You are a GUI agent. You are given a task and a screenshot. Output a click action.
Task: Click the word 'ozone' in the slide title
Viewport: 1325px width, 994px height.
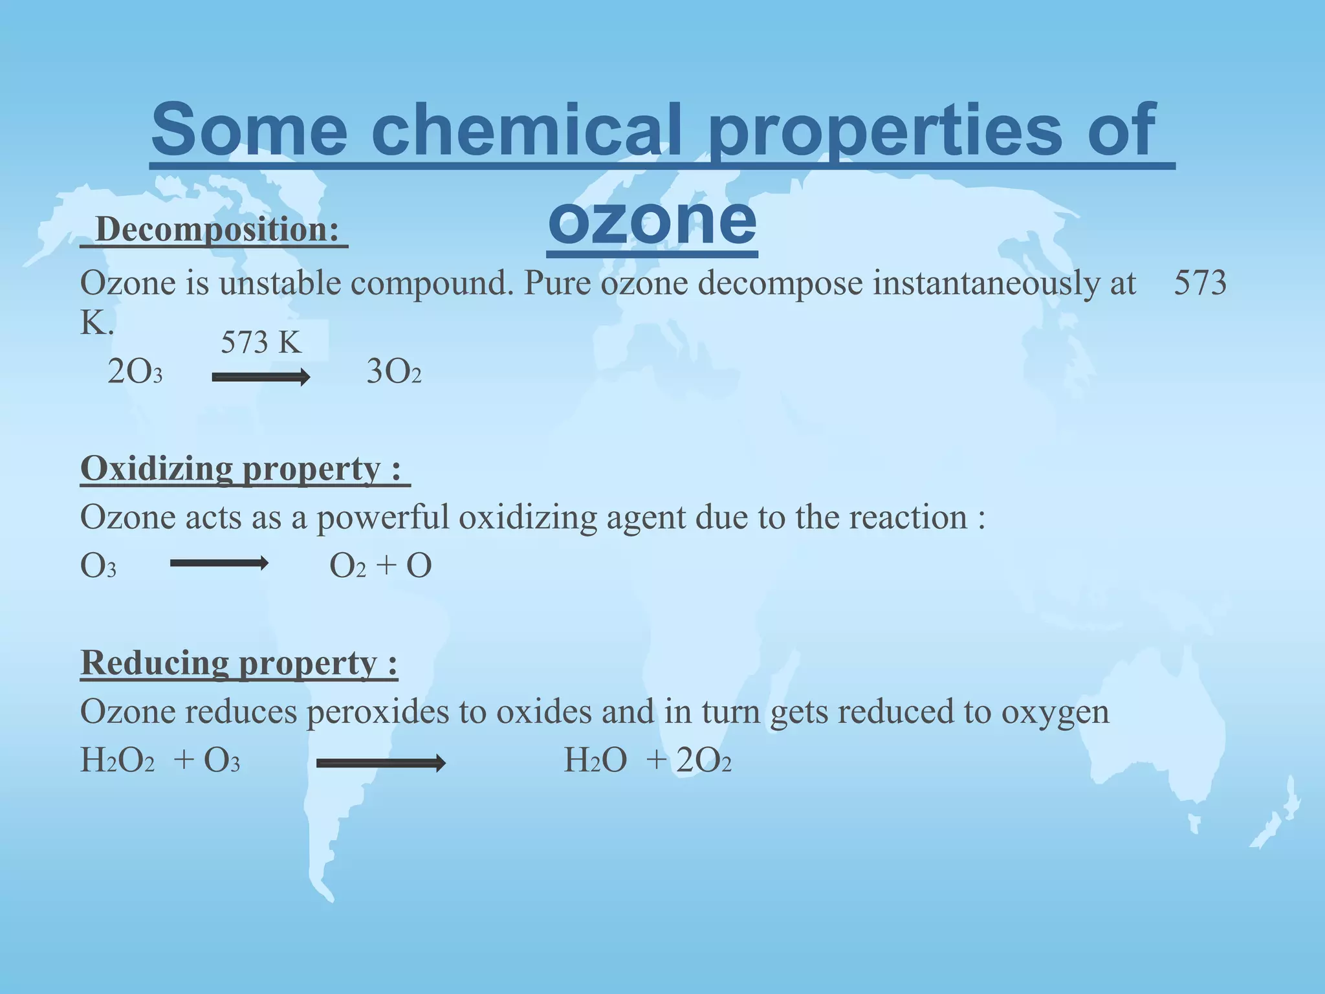652,220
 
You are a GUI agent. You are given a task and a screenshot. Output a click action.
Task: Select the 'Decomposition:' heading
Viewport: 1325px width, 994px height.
216,230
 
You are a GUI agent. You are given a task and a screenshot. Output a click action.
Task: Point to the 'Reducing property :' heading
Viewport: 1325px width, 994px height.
239,663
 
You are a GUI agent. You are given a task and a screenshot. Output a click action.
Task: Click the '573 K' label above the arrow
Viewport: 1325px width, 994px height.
261,343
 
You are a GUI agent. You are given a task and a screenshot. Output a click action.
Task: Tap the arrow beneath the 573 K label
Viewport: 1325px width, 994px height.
261,377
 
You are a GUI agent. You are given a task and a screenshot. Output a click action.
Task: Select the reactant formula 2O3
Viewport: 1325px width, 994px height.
135,372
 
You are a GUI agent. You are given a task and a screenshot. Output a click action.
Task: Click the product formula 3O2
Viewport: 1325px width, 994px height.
393,372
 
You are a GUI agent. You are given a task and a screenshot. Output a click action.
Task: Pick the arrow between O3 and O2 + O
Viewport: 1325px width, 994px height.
219,564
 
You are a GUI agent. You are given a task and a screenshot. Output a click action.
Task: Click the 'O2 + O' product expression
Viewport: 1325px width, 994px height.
380,566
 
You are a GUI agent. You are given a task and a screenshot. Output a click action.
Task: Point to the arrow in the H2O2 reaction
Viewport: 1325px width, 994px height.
381,764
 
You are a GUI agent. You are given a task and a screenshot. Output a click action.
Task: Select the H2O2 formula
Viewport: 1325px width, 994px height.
117,760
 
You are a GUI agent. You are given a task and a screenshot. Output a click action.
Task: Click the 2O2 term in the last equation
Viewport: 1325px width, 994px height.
704,760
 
